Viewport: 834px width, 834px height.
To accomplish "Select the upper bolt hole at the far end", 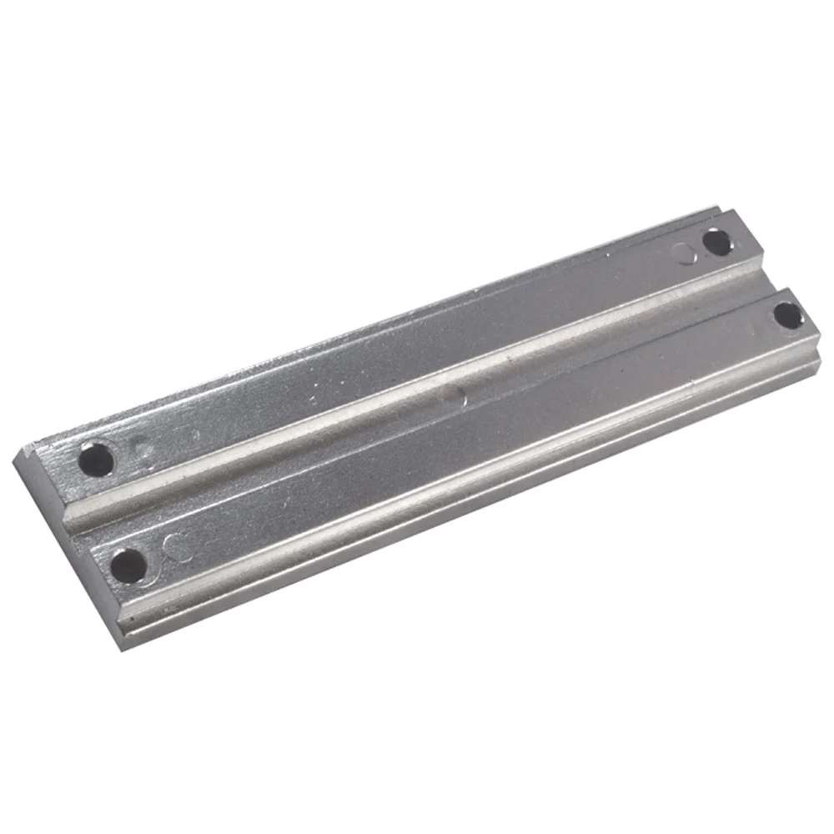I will pos(716,243).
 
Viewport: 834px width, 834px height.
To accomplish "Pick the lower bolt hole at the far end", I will pos(786,315).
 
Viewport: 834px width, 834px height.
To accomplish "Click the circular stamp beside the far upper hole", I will pos(686,252).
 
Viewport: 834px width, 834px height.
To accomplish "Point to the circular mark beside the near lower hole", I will pos(176,546).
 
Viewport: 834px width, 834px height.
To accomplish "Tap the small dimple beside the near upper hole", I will pos(143,450).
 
